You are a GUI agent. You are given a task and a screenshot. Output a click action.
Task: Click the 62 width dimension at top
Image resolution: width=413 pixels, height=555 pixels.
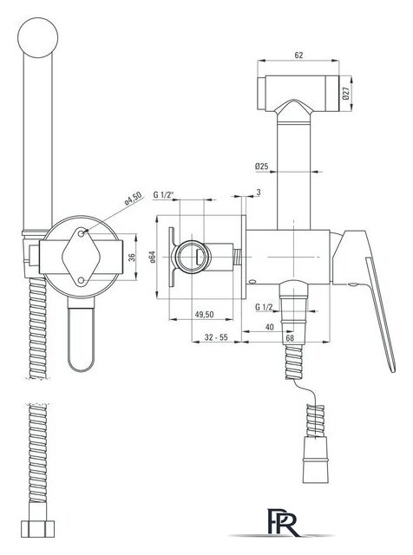coord(298,55)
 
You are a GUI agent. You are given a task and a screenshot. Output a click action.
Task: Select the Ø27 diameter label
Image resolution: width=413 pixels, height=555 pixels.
coord(346,93)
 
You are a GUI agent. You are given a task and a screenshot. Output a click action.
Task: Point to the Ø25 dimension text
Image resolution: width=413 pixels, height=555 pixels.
coord(261,166)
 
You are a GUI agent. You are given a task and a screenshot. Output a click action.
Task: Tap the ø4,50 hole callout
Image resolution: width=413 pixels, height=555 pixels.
coord(133,199)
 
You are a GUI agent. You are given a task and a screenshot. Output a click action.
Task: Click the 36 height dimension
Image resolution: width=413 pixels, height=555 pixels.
coord(132,258)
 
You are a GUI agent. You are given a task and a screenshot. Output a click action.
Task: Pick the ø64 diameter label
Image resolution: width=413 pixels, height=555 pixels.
coord(153,257)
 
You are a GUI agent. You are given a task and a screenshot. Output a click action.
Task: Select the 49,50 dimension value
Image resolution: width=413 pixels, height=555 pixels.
coord(205,314)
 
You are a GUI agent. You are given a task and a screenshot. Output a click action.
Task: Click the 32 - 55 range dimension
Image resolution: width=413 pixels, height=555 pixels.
coord(216,337)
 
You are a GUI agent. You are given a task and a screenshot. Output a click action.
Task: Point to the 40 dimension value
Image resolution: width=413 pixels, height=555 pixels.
coord(270,327)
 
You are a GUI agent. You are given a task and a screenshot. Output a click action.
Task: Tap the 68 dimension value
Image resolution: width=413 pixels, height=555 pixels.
coord(290,337)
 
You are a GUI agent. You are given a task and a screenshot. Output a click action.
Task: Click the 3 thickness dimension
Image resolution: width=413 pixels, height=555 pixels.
coord(259,193)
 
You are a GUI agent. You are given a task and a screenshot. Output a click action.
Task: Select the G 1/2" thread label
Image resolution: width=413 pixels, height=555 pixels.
coord(164,194)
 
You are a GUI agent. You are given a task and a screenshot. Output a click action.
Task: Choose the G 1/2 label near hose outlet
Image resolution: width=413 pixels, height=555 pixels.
coord(264,307)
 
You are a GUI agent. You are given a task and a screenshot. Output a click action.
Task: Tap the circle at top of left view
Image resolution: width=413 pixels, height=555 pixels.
coord(38,37)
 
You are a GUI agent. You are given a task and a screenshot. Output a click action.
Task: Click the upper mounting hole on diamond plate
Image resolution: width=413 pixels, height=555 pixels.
coord(82,233)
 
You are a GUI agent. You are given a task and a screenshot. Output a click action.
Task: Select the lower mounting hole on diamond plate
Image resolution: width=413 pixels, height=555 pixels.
coord(82,281)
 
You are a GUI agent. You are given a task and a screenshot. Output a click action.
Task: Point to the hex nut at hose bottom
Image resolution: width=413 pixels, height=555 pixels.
coord(38,529)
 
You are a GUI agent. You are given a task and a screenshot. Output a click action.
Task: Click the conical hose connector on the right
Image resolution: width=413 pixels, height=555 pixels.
coord(316,460)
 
